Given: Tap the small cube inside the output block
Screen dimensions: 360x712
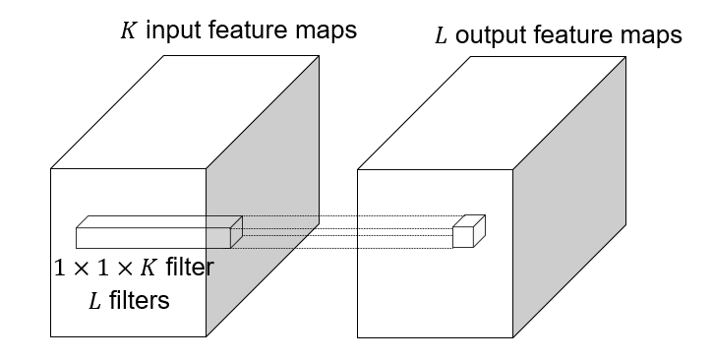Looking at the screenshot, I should coord(466,234).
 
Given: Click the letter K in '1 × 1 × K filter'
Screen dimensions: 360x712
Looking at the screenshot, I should coord(152,267).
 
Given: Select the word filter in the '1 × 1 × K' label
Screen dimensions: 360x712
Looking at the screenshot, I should coord(191,267).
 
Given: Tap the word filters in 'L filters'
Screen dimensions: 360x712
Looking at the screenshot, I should coord(138,300).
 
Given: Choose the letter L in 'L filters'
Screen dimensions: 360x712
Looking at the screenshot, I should coord(95,301).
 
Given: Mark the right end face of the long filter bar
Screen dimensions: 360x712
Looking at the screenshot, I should coord(236,232).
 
